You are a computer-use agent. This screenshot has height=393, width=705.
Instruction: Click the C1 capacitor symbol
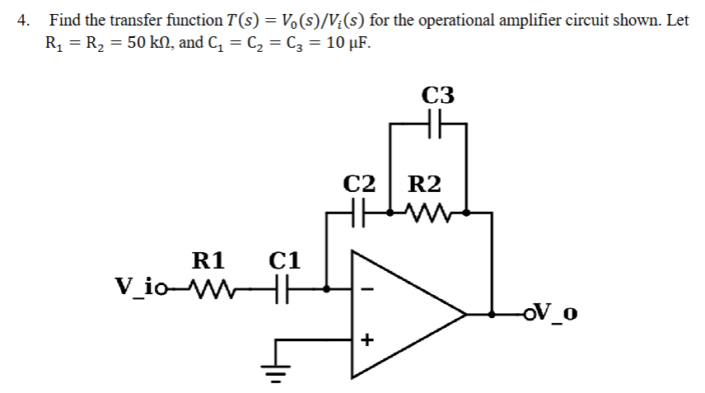(x=285, y=289)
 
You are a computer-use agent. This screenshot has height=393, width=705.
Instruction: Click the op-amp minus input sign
(x=367, y=289)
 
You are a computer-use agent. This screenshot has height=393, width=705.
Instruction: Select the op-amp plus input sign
(x=367, y=339)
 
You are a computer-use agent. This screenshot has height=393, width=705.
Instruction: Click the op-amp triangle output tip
(x=465, y=314)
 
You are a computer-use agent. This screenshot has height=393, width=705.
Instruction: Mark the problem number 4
(x=23, y=21)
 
